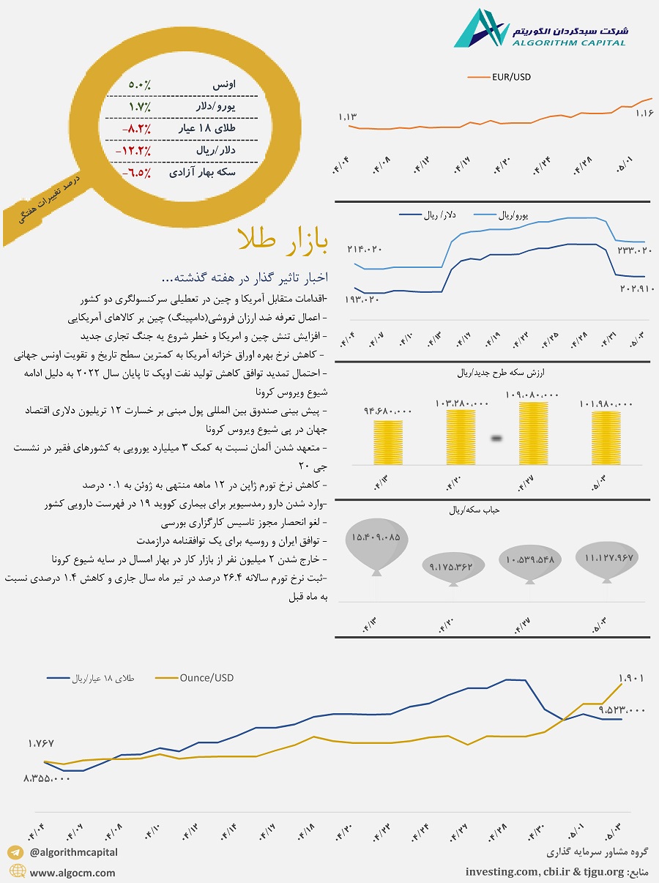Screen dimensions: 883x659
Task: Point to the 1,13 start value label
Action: tap(347, 117)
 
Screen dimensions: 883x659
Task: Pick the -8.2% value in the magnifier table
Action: tap(137, 129)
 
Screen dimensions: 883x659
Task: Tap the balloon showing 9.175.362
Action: tap(450, 566)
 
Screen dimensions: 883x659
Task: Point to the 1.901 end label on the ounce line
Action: tap(630, 679)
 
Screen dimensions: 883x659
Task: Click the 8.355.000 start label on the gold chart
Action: tap(46, 779)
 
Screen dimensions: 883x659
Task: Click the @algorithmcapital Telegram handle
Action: tap(73, 852)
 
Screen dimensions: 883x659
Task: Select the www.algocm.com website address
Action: tap(72, 873)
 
